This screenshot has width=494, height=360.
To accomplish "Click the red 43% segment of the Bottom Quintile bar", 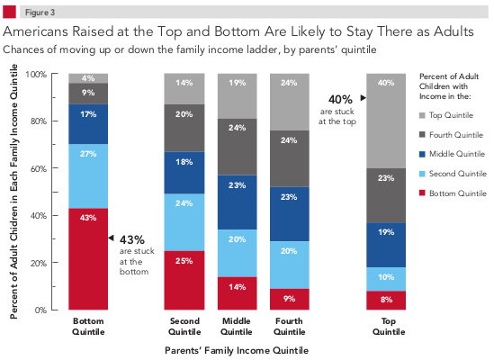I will pyautogui.click(x=89, y=259).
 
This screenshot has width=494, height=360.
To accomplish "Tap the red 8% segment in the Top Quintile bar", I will pyautogui.click(x=386, y=300).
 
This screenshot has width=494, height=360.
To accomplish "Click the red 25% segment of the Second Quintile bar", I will pyautogui.click(x=183, y=280).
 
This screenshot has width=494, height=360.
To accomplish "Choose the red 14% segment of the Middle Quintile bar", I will pyautogui.click(x=237, y=293).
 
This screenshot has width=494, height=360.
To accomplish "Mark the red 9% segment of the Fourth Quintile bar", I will pyautogui.click(x=290, y=299).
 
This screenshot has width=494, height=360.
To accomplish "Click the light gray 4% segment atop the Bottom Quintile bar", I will pyautogui.click(x=89, y=78).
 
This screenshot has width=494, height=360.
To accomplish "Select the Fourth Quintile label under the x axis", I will pyautogui.click(x=290, y=325).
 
